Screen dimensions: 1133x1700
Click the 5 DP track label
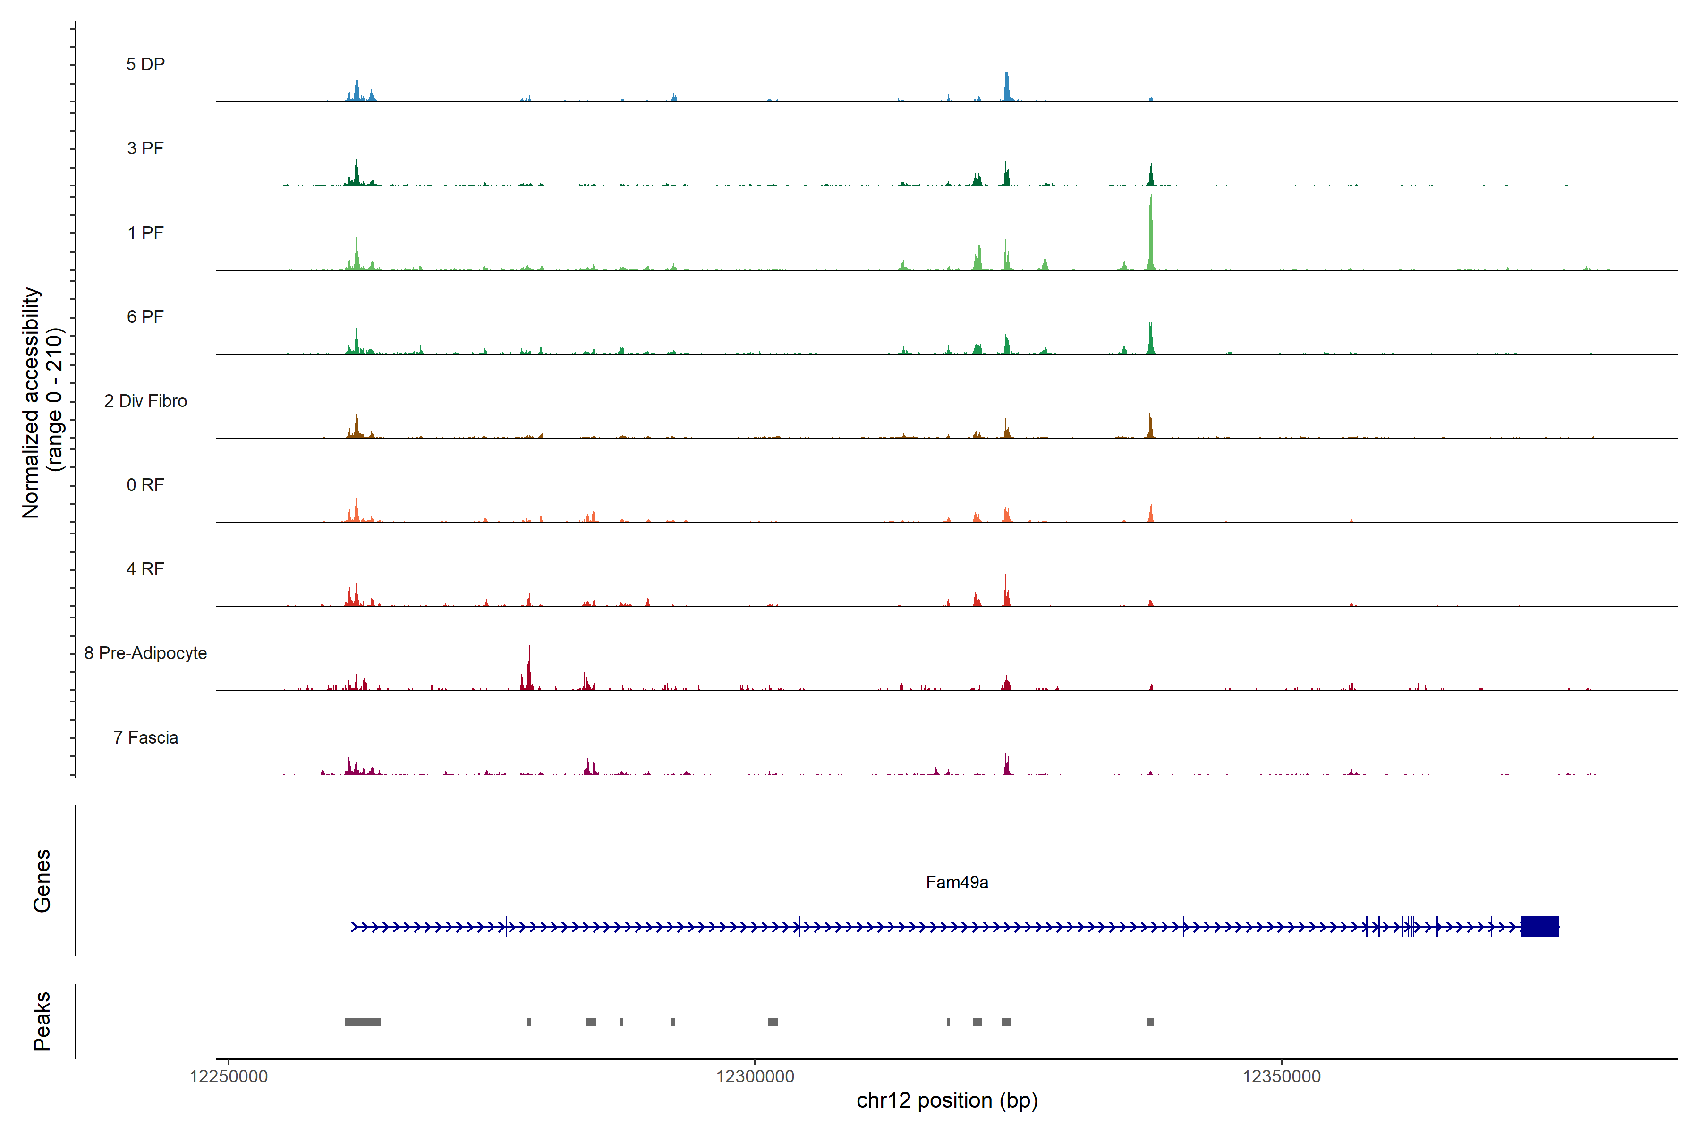pos(145,64)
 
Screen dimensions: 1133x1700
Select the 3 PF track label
pos(145,148)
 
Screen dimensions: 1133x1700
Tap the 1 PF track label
pos(145,233)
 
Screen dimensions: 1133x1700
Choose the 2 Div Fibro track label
pos(145,401)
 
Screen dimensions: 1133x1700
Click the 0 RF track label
pos(145,485)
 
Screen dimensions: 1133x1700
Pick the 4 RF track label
pos(145,569)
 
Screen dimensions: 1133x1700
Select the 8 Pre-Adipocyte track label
pos(145,653)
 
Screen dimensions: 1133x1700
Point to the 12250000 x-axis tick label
pos(229,1077)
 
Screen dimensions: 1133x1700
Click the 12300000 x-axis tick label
pos(755,1077)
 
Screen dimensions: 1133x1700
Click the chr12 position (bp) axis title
pos(947,1100)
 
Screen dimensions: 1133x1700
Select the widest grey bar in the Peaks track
pos(362,1022)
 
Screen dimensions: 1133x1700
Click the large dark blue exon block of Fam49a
pos(1539,926)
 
